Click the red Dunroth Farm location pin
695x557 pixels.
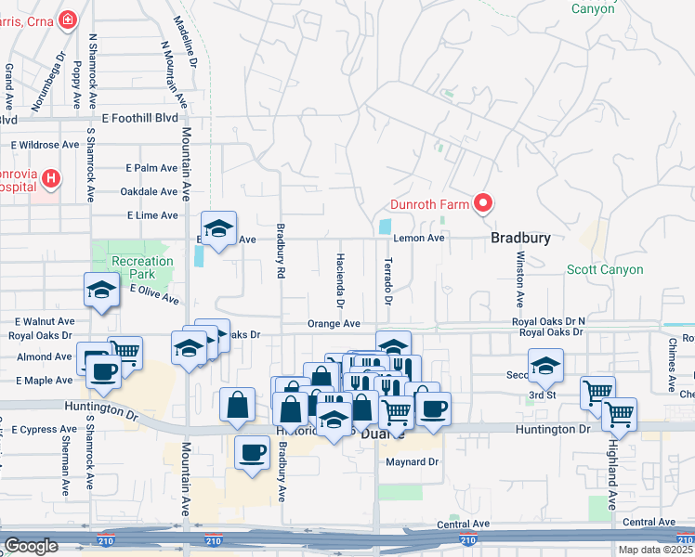pyautogui.click(x=483, y=203)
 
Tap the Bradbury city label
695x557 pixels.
pyautogui.click(x=520, y=238)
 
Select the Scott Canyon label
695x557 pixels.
pyautogui.click(x=605, y=269)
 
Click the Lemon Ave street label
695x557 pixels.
pyautogui.click(x=419, y=238)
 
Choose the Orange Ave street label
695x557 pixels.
pyautogui.click(x=334, y=324)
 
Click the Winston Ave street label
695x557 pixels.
pyautogui.click(x=520, y=279)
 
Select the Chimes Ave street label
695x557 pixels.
pyautogui.click(x=671, y=364)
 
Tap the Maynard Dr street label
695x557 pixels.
pyautogui.click(x=413, y=461)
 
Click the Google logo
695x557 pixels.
pyautogui.click(x=30, y=546)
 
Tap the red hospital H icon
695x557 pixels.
pyautogui.click(x=51, y=176)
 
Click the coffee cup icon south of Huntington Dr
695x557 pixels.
pyautogui.click(x=250, y=453)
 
